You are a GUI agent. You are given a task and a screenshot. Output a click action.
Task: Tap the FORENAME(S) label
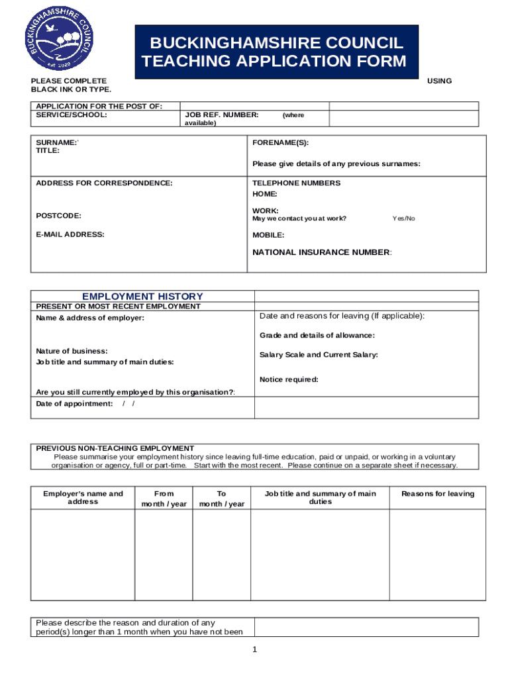[x=280, y=143]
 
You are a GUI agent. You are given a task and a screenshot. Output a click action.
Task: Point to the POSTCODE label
[x=59, y=216]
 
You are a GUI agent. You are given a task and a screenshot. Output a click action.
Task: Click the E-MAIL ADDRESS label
[x=70, y=234]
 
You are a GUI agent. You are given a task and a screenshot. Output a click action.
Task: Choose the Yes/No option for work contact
[x=403, y=218]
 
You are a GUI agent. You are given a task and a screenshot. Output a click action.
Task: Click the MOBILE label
[x=268, y=235]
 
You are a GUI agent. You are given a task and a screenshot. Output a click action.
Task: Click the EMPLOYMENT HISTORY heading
[x=142, y=297]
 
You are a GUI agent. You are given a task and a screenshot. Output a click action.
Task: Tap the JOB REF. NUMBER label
[x=221, y=115]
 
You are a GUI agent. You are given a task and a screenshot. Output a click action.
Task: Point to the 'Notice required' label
[x=289, y=379]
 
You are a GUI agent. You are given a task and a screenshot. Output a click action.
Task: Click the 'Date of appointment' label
[x=74, y=404]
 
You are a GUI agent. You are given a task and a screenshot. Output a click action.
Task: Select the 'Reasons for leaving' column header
[x=437, y=494]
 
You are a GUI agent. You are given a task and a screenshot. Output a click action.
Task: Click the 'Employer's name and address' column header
[x=83, y=498]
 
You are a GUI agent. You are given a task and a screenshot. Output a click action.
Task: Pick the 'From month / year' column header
[x=164, y=499]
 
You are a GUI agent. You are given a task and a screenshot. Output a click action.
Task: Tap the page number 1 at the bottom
[x=254, y=650]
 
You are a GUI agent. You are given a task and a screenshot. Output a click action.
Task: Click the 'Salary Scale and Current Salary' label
[x=319, y=355]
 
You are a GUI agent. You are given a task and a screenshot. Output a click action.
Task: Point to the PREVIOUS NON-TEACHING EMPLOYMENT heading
[x=115, y=448]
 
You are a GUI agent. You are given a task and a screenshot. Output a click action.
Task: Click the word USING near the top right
[x=439, y=81]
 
